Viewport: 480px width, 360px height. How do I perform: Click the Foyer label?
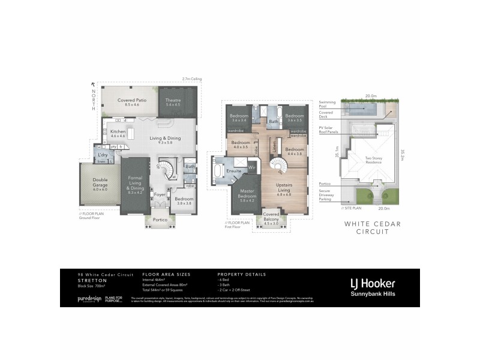[x=159, y=194]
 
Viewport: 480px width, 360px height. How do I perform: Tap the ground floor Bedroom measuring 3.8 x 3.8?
[x=184, y=201]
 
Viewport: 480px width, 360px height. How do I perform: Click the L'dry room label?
[x=103, y=155]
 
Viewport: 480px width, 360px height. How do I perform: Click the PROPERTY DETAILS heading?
[x=242, y=274]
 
